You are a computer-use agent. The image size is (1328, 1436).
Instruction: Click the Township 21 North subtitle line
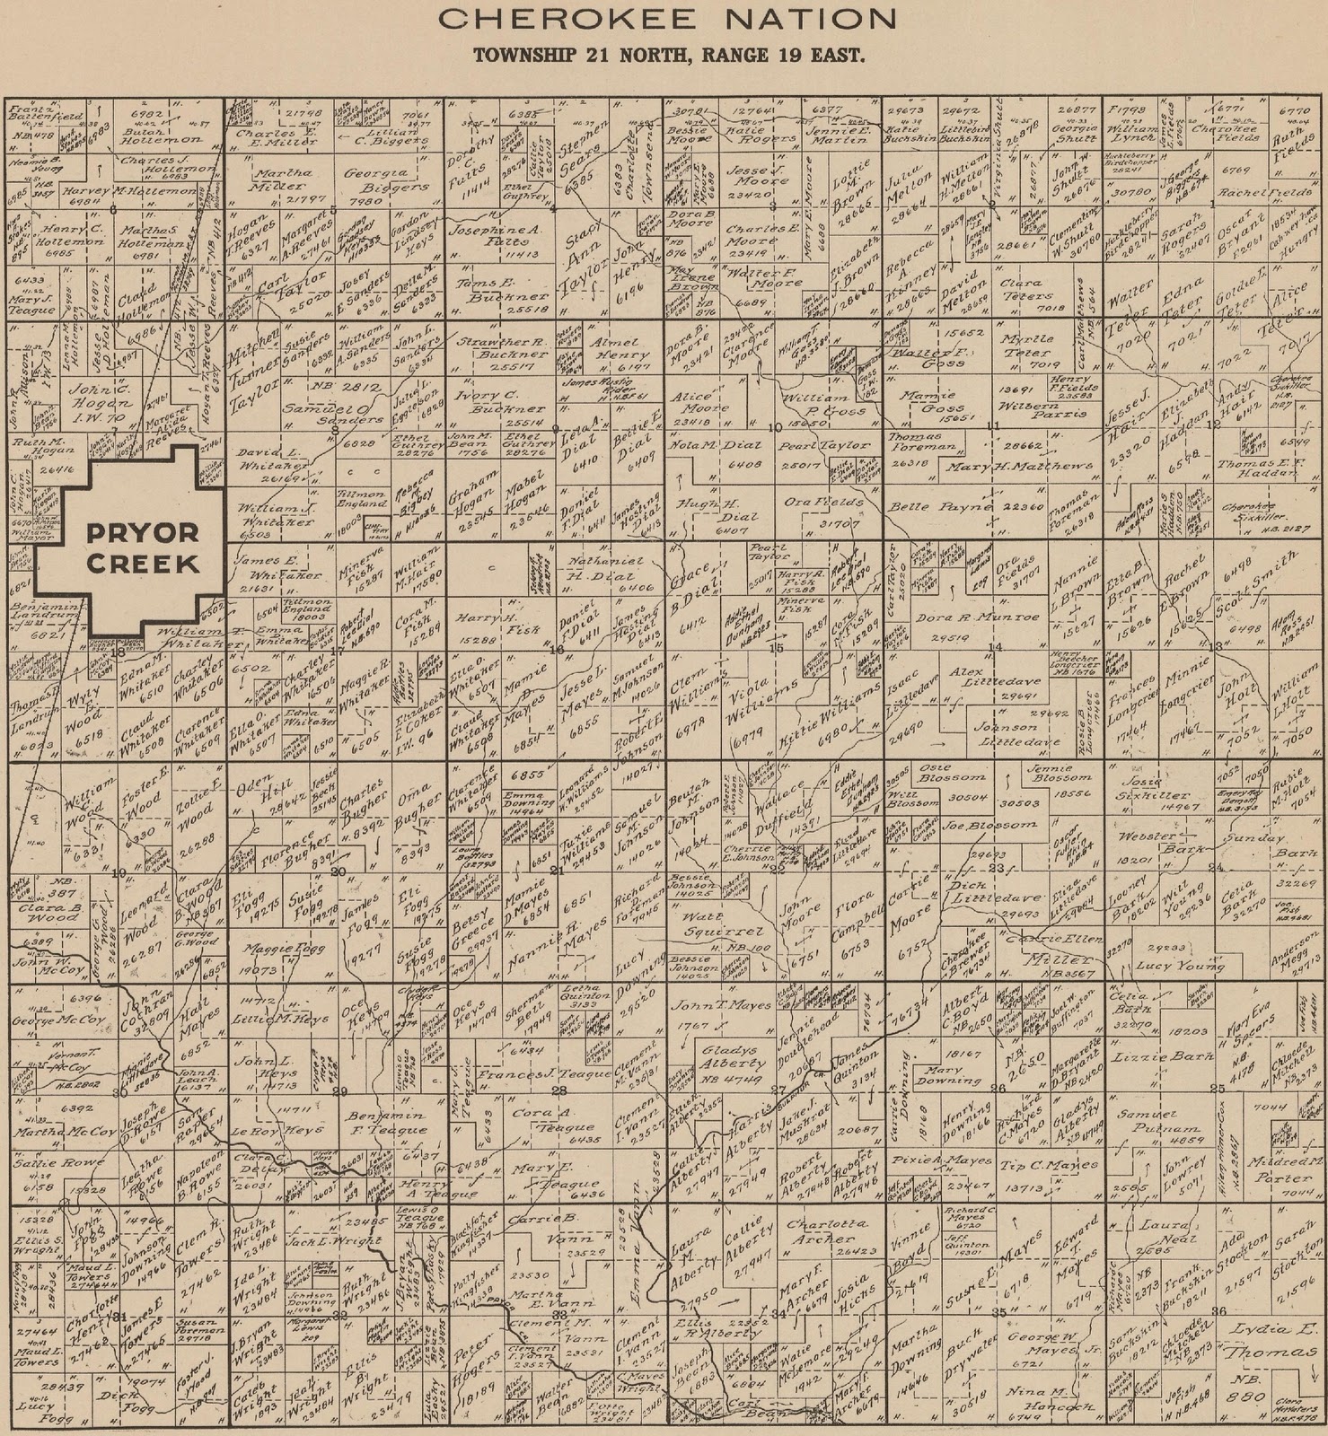[669, 55]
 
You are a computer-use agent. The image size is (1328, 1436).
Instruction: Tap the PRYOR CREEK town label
[142, 547]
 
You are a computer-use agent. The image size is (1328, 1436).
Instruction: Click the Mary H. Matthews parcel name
[1028, 467]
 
